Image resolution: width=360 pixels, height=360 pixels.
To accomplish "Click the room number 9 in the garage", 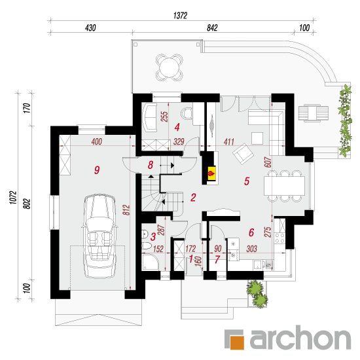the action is tap(97, 170).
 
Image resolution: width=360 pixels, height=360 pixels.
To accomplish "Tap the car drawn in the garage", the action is tap(100, 236).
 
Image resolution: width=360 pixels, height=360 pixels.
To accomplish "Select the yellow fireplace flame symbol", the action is tap(211, 173).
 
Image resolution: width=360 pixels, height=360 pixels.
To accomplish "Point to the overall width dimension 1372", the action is tap(180, 16).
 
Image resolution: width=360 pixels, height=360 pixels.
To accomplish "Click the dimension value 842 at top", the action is tap(212, 27).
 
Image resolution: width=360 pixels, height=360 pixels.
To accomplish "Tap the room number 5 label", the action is tap(247, 181).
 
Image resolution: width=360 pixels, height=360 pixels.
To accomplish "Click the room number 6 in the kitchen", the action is tap(251, 232).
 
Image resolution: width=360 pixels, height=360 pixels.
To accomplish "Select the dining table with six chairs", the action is tap(284, 186).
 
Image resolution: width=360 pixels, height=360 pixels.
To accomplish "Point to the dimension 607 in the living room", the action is tap(268, 162).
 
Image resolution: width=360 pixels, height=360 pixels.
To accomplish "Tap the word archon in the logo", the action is tap(300, 338).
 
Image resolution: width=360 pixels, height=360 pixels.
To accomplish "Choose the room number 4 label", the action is tap(177, 127).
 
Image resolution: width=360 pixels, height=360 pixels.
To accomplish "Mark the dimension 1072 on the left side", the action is tap(13, 198).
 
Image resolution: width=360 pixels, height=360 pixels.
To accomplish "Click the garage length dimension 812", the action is tap(126, 210).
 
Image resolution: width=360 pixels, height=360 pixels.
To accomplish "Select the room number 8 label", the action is tap(151, 165).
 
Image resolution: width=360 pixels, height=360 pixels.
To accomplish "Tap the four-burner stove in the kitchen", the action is tap(280, 238).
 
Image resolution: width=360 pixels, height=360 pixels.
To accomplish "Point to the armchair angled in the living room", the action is tap(243, 154).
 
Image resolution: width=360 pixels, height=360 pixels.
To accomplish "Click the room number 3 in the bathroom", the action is tap(153, 237).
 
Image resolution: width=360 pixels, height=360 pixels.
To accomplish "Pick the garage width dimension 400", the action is tap(97, 141).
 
